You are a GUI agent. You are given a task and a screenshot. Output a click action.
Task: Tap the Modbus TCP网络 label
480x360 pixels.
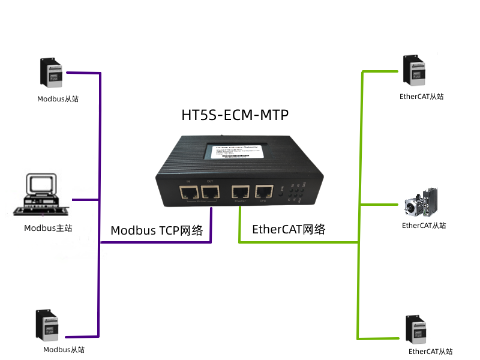click(x=157, y=230)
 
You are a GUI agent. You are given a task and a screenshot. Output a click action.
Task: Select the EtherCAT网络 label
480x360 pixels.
click(x=289, y=229)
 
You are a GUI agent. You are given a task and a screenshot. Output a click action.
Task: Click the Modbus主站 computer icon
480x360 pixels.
click(x=43, y=194)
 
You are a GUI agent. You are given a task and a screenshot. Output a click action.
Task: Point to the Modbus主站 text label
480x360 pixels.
click(x=48, y=228)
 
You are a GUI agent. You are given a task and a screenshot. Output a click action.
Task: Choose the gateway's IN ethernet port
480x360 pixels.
click(x=188, y=193)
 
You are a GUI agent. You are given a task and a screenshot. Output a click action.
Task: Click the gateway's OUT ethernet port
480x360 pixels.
click(x=209, y=193)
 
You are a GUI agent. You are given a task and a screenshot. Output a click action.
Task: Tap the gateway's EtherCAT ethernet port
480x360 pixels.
click(x=241, y=193)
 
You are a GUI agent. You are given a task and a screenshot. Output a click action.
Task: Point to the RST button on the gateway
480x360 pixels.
click(x=281, y=193)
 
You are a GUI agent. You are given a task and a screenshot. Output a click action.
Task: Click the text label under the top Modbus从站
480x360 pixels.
click(x=58, y=99)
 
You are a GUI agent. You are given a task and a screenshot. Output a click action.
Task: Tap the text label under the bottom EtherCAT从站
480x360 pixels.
click(x=430, y=352)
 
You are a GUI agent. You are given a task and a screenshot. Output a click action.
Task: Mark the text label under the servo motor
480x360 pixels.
click(x=424, y=226)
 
